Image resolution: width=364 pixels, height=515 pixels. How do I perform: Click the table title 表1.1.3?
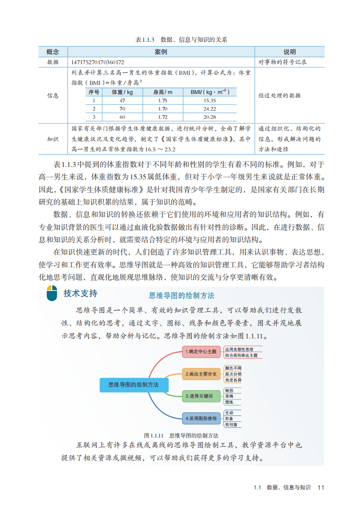(146, 40)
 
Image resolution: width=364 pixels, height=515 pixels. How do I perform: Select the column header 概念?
(53, 52)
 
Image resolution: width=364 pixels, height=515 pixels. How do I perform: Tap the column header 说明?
(289, 52)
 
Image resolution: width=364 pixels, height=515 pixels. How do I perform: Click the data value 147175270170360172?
(99, 62)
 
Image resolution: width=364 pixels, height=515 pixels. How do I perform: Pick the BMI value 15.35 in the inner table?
(210, 100)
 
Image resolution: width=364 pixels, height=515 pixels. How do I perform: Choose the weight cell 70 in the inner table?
(122, 109)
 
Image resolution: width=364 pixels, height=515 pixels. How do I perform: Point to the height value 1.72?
(163, 117)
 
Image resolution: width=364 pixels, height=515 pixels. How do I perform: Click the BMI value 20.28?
(210, 117)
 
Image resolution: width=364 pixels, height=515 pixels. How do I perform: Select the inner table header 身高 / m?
(163, 92)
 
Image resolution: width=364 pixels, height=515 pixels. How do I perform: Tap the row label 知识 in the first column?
(53, 138)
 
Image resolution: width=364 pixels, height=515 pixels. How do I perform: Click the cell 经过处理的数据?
(280, 95)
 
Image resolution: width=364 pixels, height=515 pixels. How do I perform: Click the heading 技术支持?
(80, 293)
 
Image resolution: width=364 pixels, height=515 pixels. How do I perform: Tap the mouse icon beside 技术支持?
(52, 293)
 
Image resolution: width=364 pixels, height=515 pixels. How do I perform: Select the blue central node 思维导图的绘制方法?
(133, 385)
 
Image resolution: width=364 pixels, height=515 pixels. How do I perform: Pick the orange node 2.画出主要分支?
(201, 374)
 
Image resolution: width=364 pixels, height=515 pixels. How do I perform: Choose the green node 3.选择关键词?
(199, 396)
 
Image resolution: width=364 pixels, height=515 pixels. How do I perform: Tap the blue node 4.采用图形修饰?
(200, 418)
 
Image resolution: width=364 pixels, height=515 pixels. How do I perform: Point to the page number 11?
(320, 487)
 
